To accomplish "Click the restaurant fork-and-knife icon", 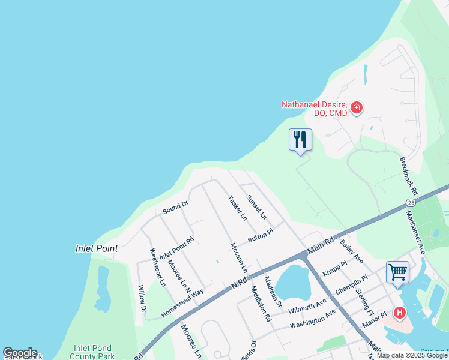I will coord(300,140).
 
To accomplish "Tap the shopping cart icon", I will coord(397,272).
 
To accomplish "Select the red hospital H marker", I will coord(400,313).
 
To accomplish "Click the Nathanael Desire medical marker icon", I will coord(357,108).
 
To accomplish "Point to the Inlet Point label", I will coord(97,248).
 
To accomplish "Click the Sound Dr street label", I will coord(175,208).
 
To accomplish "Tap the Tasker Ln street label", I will coord(237,208).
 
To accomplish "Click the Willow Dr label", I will coord(142,299).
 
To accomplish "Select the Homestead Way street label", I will coord(182,304).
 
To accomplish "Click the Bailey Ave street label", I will coord(351,251).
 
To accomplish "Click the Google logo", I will coord(20,352).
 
